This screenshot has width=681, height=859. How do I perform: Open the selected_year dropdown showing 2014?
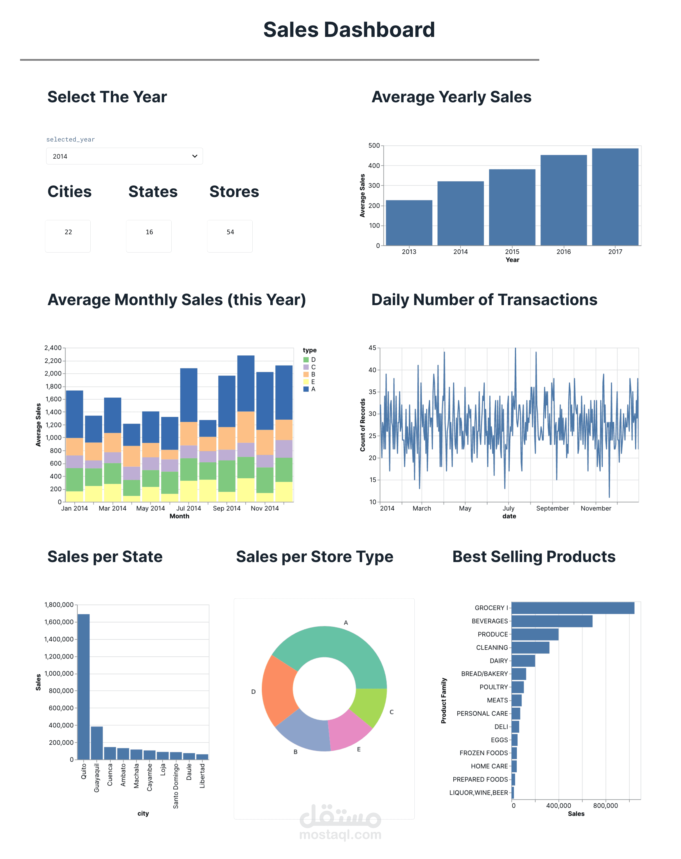[x=124, y=156]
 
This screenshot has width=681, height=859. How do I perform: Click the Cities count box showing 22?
[x=68, y=236]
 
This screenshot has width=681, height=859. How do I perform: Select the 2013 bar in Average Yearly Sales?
[x=409, y=223]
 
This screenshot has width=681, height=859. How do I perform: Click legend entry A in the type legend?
[x=313, y=389]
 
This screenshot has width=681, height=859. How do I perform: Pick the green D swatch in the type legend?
[x=306, y=360]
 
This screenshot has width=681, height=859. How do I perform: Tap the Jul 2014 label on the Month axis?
[x=188, y=508]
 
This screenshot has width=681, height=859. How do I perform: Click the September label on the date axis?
[x=552, y=508]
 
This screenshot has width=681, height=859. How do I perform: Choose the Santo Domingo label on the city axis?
[x=176, y=786]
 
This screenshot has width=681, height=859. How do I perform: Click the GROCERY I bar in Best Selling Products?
[x=572, y=608]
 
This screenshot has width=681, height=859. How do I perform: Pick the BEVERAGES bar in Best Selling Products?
[x=551, y=621]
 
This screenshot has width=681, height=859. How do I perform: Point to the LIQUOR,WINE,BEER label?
[x=478, y=793]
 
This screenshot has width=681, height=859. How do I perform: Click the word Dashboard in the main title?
[x=379, y=30]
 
